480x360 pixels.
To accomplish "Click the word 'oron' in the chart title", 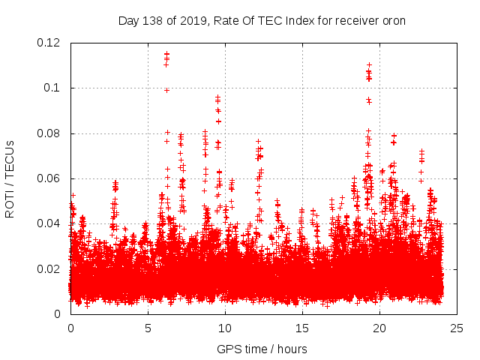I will pos(392,20).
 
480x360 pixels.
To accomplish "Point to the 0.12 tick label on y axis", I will pos(49,43).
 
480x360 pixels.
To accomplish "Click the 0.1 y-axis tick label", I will pos(53,88).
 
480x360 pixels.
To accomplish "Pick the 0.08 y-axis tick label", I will pos(49,133).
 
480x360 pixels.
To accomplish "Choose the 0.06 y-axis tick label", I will pos(49,178).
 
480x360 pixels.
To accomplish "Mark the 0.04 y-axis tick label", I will pos(49,223).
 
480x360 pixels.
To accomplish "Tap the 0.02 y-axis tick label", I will pos(49,268).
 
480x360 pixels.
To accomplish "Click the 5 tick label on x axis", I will pos(148,328).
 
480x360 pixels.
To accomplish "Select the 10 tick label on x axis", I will pos(225,328).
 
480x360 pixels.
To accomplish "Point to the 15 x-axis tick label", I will pos(302,328).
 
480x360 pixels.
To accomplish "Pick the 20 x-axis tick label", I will pos(379,328).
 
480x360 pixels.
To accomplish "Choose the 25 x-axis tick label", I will pos(457,328).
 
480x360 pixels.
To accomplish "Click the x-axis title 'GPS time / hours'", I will pos(262,349).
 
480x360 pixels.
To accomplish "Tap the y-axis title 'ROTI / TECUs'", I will pos(10,178).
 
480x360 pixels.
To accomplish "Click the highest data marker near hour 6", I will pos(166,53).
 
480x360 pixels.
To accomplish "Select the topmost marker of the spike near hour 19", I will pos(369,64).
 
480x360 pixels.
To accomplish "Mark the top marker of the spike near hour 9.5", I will pos(217,97).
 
